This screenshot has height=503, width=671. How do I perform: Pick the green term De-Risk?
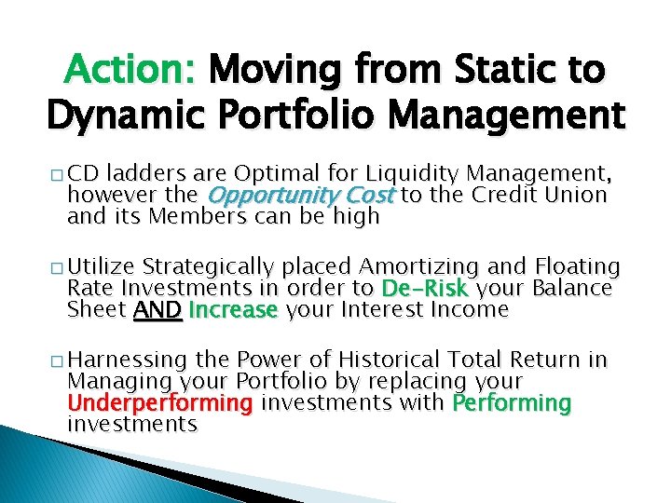[423, 288]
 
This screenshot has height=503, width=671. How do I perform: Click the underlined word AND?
[157, 310]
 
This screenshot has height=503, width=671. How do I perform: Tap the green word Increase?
[233, 310]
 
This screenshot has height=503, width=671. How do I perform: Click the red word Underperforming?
[159, 403]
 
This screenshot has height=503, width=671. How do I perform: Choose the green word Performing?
[512, 403]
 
